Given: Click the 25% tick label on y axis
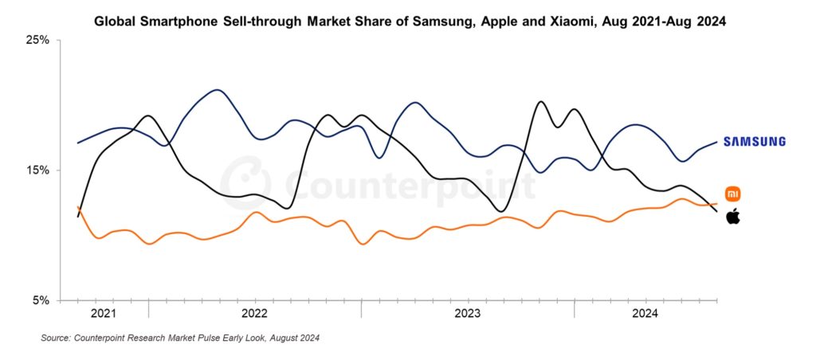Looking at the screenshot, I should click(x=38, y=40).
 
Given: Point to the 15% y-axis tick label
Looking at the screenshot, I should click(x=38, y=170).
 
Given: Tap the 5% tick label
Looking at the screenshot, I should click(x=41, y=301).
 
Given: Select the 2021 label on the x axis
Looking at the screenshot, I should click(x=104, y=314).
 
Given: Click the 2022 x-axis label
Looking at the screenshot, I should click(x=254, y=314).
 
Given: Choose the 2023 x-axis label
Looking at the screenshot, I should click(x=467, y=314).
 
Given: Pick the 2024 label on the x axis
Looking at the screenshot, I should click(x=645, y=314).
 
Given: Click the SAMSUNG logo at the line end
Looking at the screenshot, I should click(x=754, y=142).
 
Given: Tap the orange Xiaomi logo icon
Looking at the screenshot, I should click(x=732, y=194).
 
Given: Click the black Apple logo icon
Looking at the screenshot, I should click(x=732, y=215).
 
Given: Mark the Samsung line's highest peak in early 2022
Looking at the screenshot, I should click(x=217, y=90).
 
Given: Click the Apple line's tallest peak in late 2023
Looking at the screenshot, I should click(x=541, y=102).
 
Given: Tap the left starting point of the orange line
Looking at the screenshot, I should click(x=77, y=207).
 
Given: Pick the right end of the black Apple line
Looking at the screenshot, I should click(x=716, y=210).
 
